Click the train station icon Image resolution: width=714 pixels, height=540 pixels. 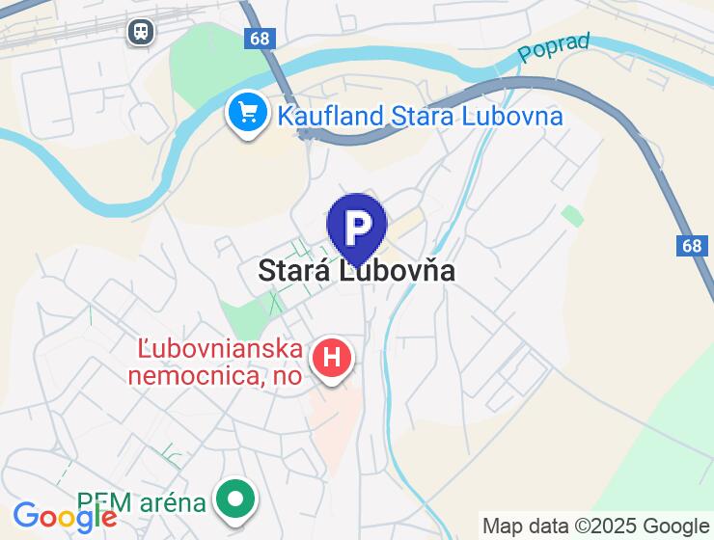click(141, 32)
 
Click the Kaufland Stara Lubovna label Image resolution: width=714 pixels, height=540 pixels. click(420, 117)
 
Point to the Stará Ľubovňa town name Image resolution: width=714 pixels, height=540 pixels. click(356, 271)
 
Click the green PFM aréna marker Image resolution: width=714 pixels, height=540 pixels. click(234, 499)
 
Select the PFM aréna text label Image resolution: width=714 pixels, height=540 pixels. click(142, 502)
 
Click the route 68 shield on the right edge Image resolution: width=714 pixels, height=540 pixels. click(691, 246)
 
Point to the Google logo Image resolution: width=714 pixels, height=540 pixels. click(65, 517)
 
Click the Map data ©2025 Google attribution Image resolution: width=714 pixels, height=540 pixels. click(595, 526)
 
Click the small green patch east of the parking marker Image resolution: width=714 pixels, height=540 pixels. click(573, 215)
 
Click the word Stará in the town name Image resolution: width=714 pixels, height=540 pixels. click(293, 271)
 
